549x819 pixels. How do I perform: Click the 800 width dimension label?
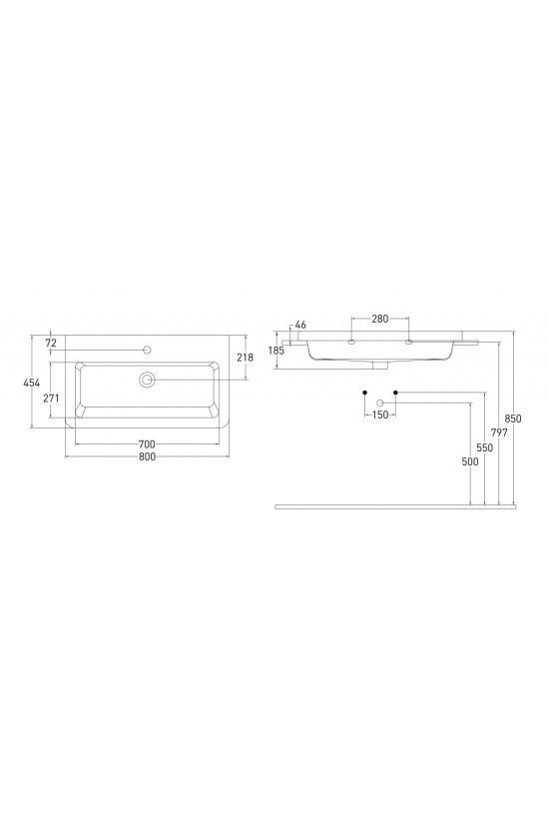click(147, 456)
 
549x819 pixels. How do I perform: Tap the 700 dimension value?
click(147, 444)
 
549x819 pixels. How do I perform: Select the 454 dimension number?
click(32, 383)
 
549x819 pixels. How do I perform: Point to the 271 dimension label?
click(51, 398)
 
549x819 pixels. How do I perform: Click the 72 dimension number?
click(51, 343)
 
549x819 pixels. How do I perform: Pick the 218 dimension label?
click(245, 358)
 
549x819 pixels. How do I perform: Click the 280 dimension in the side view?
click(380, 319)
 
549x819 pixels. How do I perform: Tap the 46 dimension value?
click(300, 325)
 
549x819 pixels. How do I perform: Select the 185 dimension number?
click(276, 351)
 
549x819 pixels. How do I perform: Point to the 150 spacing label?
click(380, 414)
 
